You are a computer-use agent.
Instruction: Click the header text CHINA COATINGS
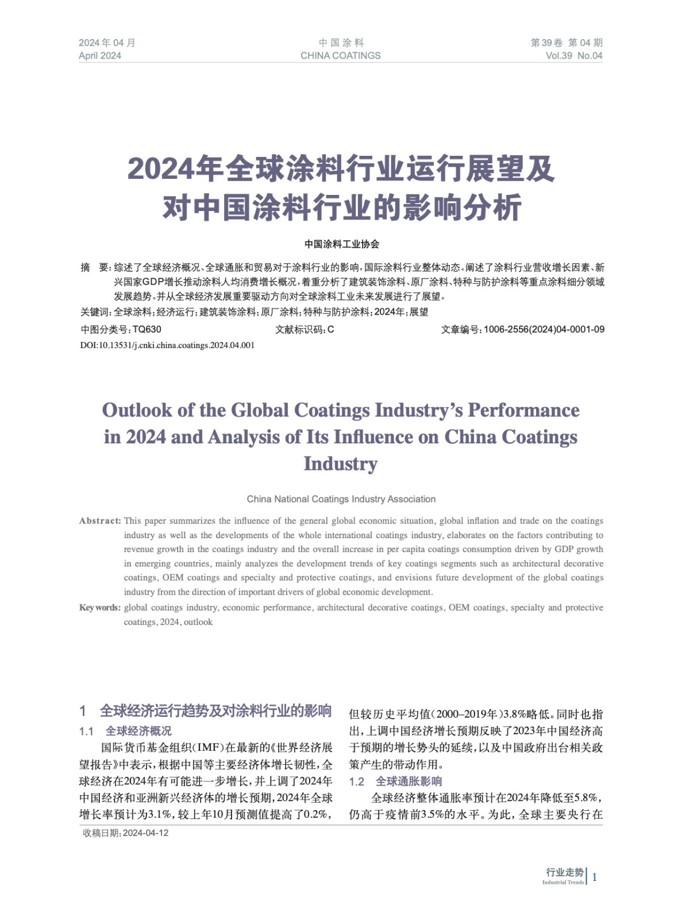[340, 56]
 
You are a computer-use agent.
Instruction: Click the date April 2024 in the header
[100, 56]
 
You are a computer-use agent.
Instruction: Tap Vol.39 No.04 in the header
[573, 56]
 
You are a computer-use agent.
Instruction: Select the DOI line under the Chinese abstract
[167, 345]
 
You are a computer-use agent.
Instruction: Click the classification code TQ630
[147, 329]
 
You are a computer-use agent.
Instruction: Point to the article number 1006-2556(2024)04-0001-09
[544, 329]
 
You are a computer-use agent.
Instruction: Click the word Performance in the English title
[523, 410]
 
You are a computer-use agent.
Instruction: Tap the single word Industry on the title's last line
[340, 463]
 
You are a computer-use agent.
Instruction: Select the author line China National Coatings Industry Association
[341, 499]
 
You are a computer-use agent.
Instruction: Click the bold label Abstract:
[100, 521]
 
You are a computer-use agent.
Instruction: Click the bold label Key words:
[100, 608]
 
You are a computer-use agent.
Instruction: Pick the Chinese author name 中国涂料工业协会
[341, 244]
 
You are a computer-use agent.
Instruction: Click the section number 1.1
[86, 731]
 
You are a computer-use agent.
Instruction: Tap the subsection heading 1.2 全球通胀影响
[395, 781]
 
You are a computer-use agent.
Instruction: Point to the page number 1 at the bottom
[595, 877]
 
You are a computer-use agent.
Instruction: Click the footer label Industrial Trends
[562, 882]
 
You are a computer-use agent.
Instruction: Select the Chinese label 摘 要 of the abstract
[95, 267]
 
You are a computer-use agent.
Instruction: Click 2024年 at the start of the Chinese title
[175, 169]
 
